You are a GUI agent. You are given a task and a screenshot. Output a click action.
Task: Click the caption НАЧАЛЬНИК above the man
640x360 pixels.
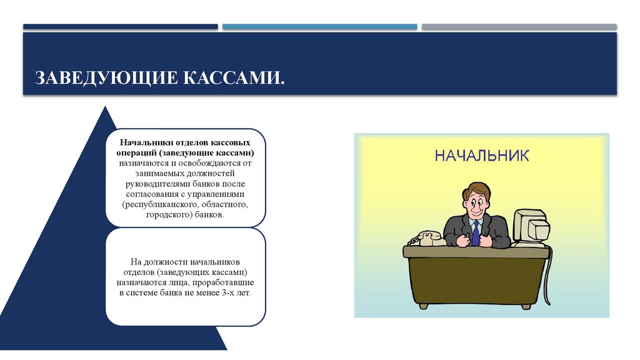(x=481, y=155)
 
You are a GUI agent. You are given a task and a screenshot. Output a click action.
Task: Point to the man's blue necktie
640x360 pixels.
(x=476, y=232)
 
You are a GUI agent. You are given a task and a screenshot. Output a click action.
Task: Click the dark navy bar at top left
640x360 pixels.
(x=121, y=27)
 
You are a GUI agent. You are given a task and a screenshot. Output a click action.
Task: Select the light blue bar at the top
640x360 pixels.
(x=319, y=27)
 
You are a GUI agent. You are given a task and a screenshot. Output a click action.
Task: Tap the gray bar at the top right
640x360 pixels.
(x=519, y=27)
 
